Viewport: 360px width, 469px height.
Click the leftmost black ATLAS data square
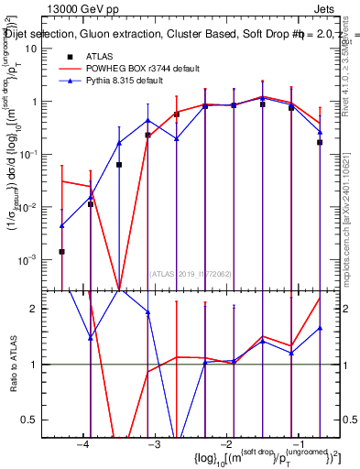pyautogui.click(x=61, y=251)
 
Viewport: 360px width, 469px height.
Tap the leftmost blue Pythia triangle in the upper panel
pyautogui.click(x=61, y=225)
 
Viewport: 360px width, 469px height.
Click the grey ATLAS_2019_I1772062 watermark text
pyautogui.click(x=191, y=272)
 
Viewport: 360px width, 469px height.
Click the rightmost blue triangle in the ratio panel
pyautogui.click(x=320, y=328)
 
